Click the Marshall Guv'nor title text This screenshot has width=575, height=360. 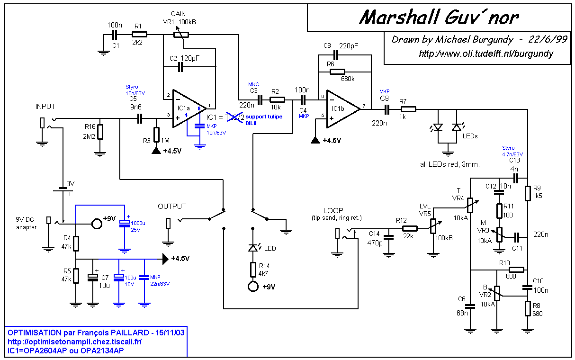click(x=439, y=18)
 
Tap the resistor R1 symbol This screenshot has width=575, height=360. click(x=140, y=35)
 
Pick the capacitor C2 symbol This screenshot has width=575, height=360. click(x=180, y=68)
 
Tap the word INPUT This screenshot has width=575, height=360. click(x=45, y=107)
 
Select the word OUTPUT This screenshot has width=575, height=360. click(x=171, y=207)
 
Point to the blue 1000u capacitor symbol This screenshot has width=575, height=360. click(x=124, y=224)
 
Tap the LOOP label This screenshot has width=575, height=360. click(x=333, y=210)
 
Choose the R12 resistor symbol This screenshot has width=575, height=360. click(x=410, y=229)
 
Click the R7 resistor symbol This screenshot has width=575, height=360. click(x=408, y=109)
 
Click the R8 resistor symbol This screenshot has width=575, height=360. click(x=527, y=308)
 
